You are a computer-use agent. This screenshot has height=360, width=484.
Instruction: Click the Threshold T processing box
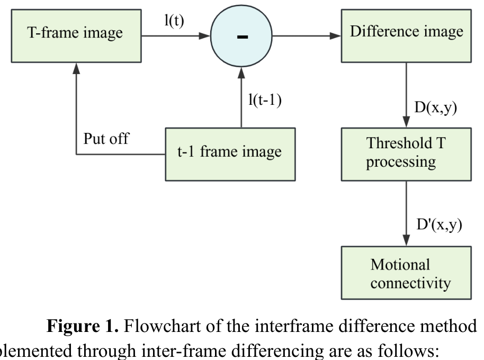(x=406, y=153)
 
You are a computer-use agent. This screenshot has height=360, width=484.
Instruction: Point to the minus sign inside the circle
(x=243, y=37)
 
